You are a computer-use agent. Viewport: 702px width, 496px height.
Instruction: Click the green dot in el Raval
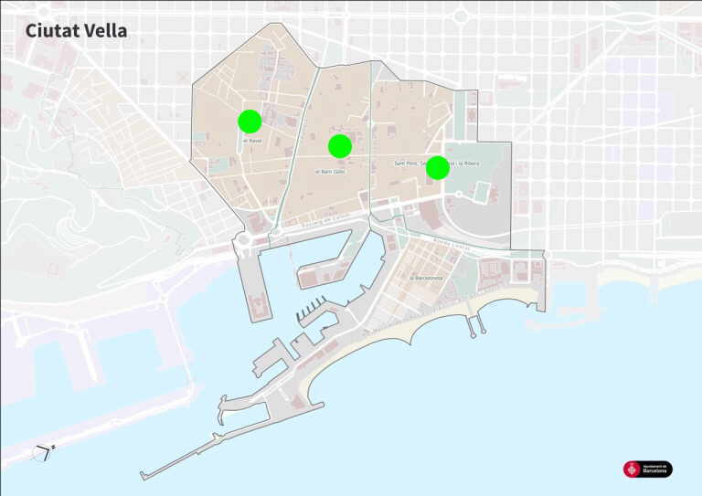(250, 121)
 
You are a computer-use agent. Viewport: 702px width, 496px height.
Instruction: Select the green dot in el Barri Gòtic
(340, 145)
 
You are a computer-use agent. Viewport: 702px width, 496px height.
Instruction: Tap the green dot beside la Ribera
(437, 167)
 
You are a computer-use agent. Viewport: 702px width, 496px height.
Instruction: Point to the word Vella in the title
(106, 30)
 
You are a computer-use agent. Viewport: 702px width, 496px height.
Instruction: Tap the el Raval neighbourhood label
(252, 140)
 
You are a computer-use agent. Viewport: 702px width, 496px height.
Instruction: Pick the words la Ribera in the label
(466, 164)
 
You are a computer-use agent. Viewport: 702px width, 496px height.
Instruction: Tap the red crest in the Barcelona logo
(631, 470)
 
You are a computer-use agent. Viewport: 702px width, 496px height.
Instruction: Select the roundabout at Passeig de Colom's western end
(243, 240)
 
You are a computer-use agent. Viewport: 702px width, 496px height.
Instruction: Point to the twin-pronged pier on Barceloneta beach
(473, 322)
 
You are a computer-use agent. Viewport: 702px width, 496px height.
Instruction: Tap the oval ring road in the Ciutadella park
(477, 193)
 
